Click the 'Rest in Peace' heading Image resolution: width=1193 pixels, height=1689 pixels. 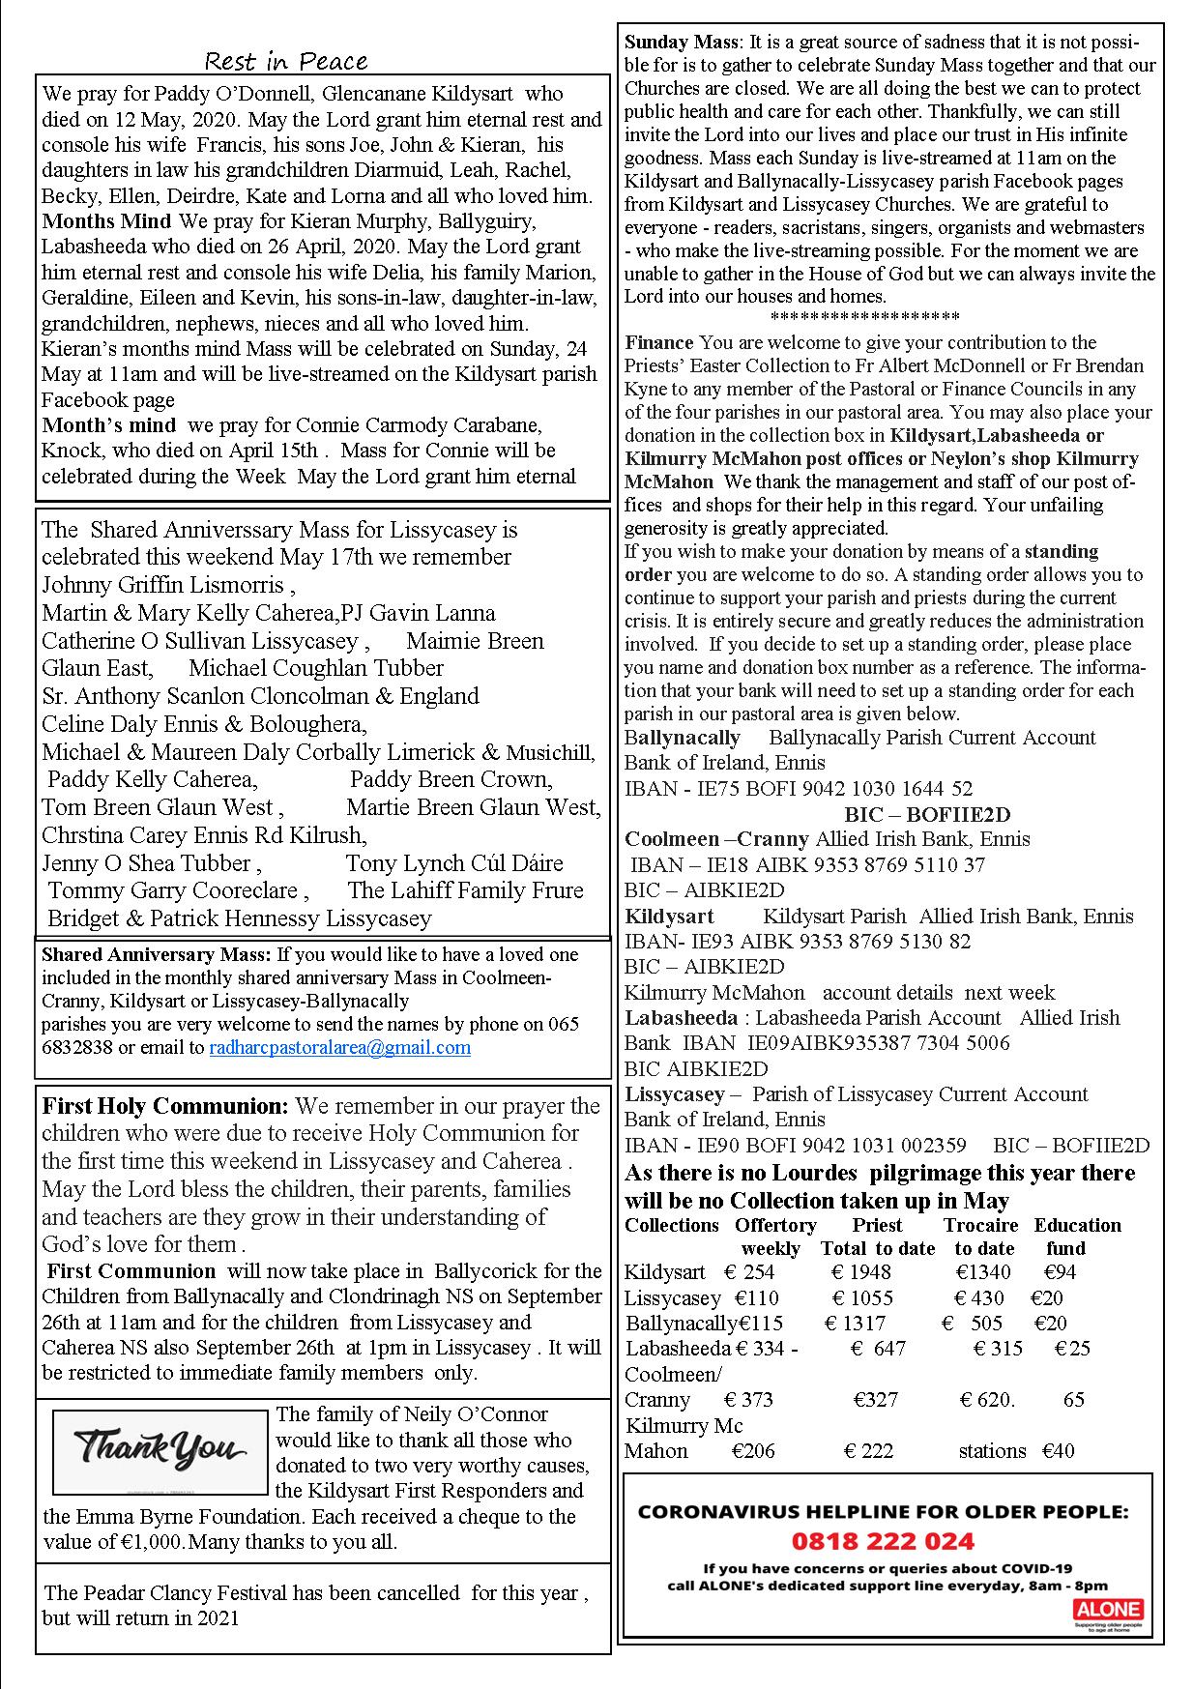pyautogui.click(x=286, y=62)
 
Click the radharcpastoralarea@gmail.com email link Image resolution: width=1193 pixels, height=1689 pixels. pyautogui.click(x=339, y=1047)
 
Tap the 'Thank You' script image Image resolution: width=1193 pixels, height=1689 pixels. pyautogui.click(x=160, y=1451)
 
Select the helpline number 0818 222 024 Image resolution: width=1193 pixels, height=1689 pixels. pyautogui.click(x=883, y=1540)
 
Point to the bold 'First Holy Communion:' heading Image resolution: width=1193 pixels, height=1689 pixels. pyautogui.click(x=165, y=1106)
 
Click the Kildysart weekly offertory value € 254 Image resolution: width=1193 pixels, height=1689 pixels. pyautogui.click(x=752, y=1272)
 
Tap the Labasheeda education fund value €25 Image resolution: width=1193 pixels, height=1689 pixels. pyautogui.click(x=1072, y=1348)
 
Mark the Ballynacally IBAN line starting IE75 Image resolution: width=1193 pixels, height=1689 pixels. pyautogui.click(x=799, y=788)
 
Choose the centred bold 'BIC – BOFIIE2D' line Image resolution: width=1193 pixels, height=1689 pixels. pyautogui.click(x=927, y=814)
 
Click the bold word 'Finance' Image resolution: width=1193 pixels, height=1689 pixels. pyautogui.click(x=659, y=342)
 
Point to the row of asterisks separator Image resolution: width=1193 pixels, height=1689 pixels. pyautogui.click(x=865, y=318)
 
